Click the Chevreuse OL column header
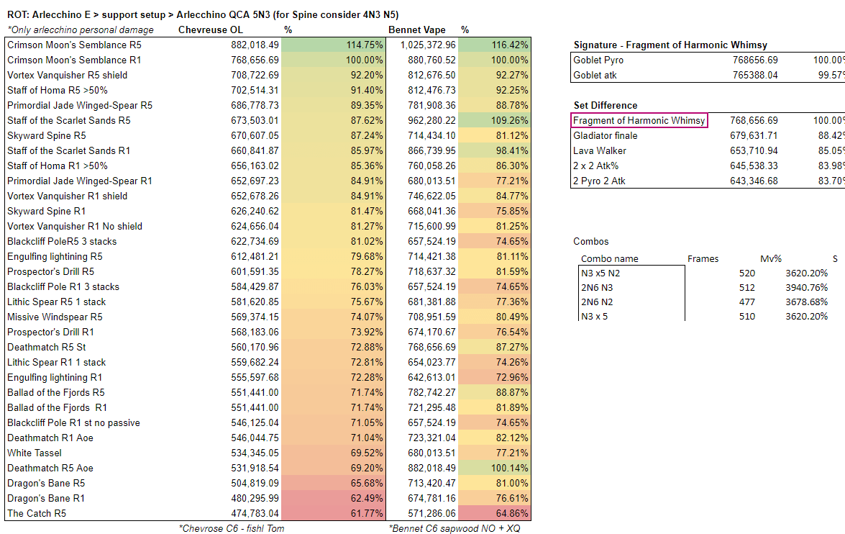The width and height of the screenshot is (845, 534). click(210, 30)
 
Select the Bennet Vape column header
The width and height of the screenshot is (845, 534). click(417, 30)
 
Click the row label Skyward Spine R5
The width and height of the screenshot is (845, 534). click(47, 135)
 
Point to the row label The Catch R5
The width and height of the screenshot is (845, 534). click(37, 513)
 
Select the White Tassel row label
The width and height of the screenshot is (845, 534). click(35, 453)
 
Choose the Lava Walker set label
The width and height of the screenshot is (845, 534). click(600, 150)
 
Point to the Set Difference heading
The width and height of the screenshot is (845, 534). click(606, 105)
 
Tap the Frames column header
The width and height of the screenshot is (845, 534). click(703, 258)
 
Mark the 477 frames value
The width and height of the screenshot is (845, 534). click(747, 302)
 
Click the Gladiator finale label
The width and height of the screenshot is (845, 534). click(606, 135)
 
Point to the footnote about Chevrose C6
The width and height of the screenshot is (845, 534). click(232, 528)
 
